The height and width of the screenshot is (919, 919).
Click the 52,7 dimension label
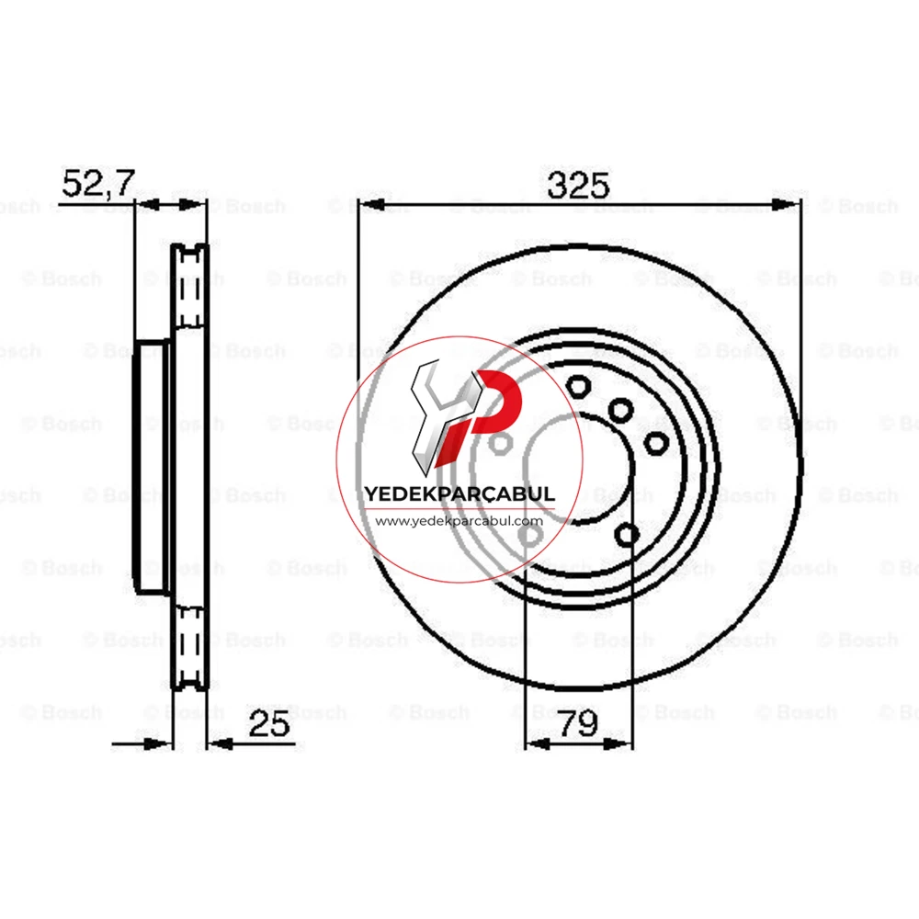98,183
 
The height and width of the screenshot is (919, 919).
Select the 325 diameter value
578,186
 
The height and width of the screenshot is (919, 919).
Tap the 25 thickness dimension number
269,723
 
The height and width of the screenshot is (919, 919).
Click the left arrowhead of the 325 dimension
370,205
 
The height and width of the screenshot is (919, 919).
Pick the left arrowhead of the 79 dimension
538,744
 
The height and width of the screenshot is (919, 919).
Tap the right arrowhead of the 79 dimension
620,744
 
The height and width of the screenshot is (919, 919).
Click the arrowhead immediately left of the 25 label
221,744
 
